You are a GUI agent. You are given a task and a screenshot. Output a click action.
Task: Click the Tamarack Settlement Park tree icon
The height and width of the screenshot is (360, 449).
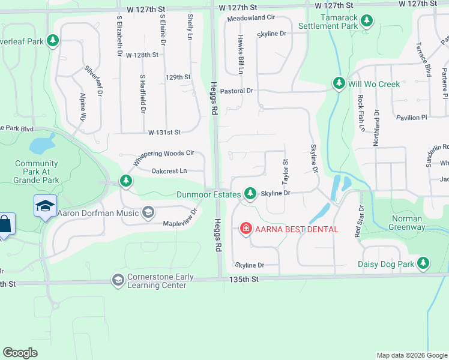pos(367,22)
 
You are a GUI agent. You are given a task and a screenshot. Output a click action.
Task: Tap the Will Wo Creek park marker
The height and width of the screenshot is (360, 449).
pos(339,84)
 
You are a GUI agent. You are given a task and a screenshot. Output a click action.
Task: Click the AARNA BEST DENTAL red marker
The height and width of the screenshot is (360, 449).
pos(246,229)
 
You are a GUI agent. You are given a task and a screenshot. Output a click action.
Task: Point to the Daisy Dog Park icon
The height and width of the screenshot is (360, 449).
pos(424,263)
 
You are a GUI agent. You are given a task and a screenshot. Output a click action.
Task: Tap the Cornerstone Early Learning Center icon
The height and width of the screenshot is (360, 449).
pos(118,280)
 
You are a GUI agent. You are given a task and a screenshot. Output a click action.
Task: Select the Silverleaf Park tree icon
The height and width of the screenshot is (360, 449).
pos(53,41)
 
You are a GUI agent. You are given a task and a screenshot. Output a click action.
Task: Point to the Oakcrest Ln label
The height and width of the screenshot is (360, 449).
pos(169,171)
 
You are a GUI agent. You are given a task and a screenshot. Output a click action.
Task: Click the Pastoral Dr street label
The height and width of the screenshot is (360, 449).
pos(237,91)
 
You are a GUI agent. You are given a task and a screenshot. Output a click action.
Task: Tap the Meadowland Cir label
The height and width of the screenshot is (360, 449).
pos(250,19)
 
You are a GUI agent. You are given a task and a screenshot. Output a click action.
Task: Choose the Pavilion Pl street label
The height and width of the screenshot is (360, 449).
pos(411,118)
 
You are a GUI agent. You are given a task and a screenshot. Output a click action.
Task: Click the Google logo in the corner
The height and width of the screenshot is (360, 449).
pos(20,353)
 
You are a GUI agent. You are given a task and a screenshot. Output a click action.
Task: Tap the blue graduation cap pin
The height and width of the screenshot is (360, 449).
pos(46,206)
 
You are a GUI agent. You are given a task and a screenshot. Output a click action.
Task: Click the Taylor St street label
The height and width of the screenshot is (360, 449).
pos(285,172)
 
